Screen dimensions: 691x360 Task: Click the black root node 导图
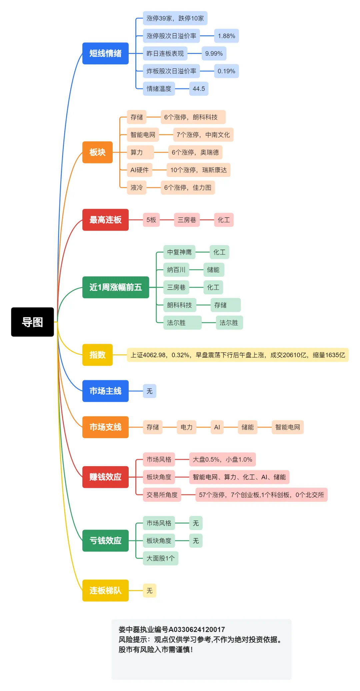(x=32, y=322)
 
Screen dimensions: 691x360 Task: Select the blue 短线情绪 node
(x=105, y=53)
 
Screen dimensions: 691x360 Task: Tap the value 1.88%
(x=226, y=36)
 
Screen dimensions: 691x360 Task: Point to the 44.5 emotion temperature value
(x=199, y=89)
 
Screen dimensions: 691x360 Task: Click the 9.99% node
(x=214, y=53)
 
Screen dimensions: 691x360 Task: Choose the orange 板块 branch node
(x=97, y=152)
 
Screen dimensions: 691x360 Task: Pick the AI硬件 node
(x=139, y=170)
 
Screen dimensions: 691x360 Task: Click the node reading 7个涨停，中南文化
(x=203, y=135)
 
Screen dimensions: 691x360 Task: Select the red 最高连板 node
(x=105, y=220)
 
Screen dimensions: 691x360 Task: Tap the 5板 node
(x=151, y=220)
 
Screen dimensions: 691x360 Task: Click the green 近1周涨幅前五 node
(x=115, y=287)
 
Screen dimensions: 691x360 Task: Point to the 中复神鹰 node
(x=179, y=252)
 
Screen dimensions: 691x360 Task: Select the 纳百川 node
(x=176, y=270)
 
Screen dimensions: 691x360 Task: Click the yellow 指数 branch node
(x=97, y=355)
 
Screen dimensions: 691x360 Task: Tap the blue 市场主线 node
(x=105, y=391)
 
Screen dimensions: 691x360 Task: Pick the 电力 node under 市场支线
(x=186, y=427)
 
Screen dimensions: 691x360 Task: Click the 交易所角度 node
(x=162, y=495)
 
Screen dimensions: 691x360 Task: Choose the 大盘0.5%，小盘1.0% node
(x=222, y=459)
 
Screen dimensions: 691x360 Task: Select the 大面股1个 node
(x=160, y=558)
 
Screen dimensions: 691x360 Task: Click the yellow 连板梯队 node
(x=105, y=590)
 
